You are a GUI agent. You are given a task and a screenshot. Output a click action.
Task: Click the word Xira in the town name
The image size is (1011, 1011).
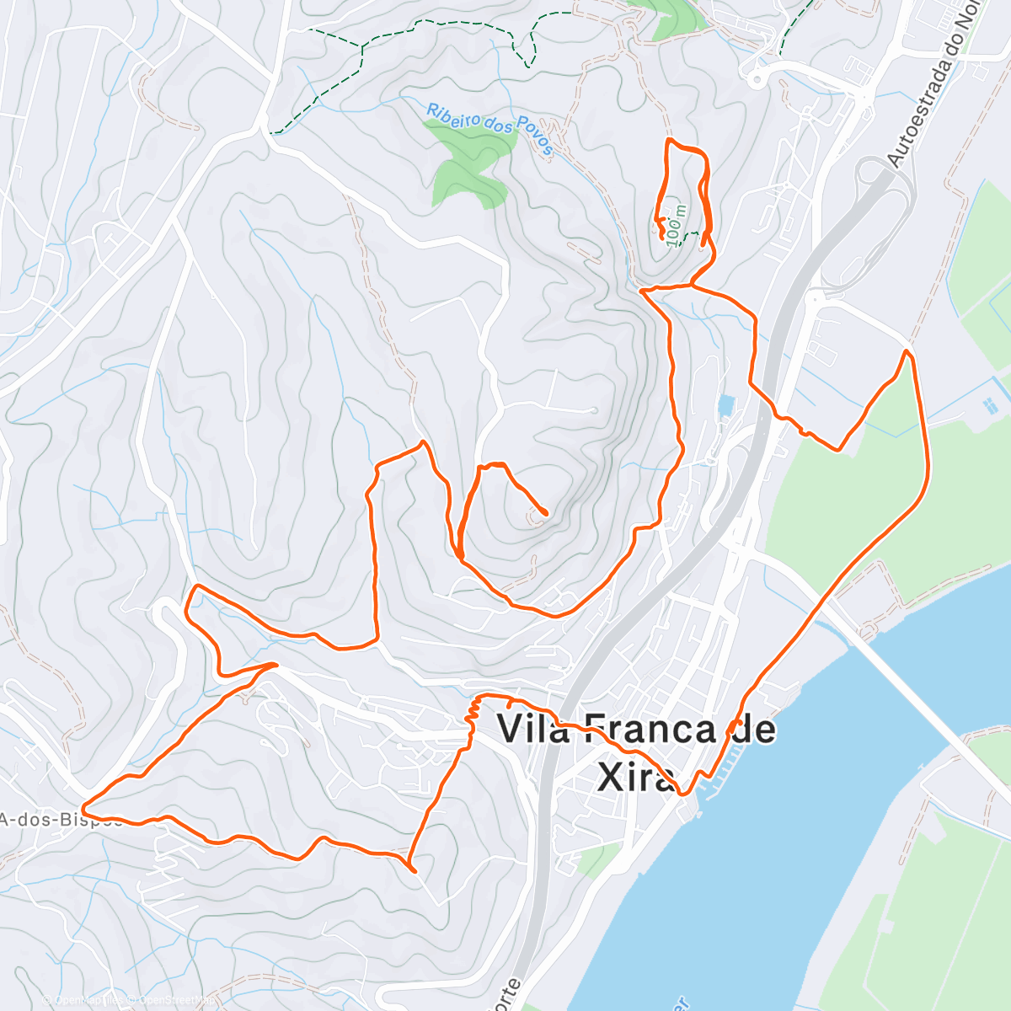coord(635,777)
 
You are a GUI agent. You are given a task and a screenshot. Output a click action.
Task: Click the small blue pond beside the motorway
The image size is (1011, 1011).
coord(725,406)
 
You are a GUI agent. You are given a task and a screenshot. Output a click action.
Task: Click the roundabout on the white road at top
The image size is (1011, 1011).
coord(756,79)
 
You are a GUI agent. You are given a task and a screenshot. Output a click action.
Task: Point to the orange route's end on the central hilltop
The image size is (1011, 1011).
coord(546,512)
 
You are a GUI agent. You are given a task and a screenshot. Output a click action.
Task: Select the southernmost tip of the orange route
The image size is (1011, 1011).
coord(414,870)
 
